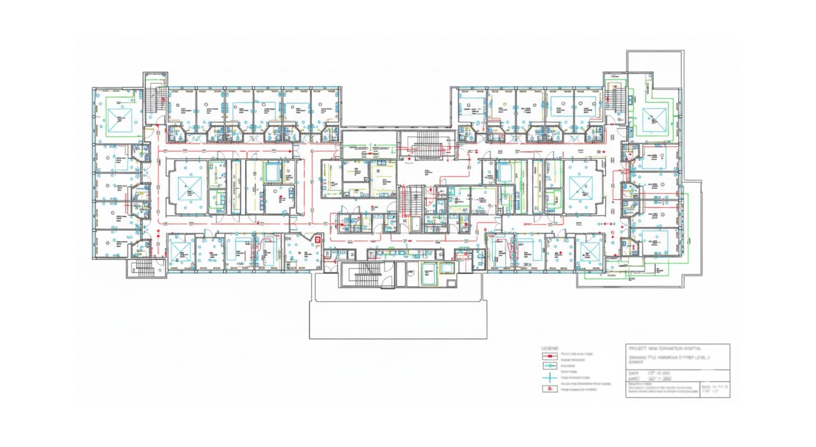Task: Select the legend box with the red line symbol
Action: point(549,356)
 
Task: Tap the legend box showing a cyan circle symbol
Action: point(549,366)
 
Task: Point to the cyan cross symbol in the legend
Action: point(549,378)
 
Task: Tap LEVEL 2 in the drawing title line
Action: point(704,358)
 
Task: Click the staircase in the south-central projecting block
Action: point(364,275)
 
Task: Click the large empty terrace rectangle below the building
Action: point(398,319)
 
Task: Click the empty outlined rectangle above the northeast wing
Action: point(655,61)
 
